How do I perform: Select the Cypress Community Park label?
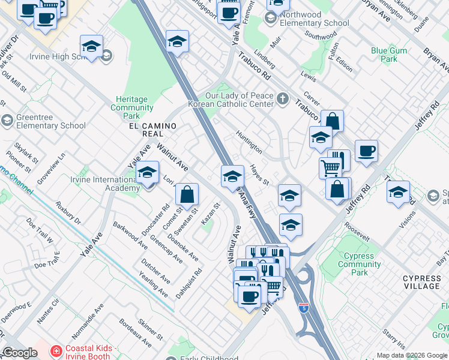[x=359, y=264]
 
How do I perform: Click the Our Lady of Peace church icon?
[x=282, y=100]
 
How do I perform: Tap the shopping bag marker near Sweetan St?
[x=187, y=194]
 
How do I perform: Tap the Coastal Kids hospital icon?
[x=56, y=350]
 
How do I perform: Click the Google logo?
[x=20, y=353]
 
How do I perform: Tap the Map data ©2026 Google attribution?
[x=412, y=355]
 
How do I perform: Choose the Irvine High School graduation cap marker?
[x=91, y=46]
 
